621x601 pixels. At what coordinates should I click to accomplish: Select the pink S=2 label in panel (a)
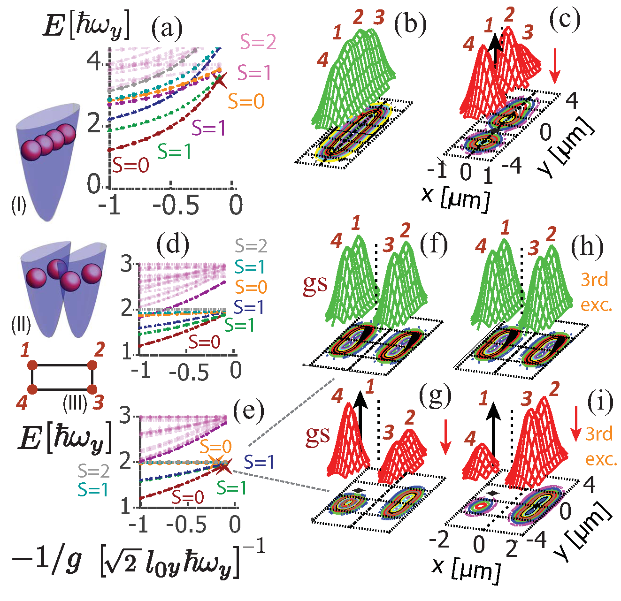pos(258,42)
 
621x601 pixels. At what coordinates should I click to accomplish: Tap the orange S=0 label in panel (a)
pos(246,101)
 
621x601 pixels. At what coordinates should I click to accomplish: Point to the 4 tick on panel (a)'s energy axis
pos(95,61)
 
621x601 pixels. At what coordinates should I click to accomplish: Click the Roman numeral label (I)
pos(19,205)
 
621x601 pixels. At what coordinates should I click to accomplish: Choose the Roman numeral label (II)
pos(21,324)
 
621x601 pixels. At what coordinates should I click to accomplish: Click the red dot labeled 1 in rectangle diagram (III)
pos(32,365)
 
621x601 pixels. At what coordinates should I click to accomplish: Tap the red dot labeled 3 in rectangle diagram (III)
pos(92,389)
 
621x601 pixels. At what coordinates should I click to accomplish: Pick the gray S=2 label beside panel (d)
pos(251,246)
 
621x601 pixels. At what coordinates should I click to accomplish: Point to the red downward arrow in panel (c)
pos(555,66)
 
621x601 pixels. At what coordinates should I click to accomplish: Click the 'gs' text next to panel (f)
pos(315,283)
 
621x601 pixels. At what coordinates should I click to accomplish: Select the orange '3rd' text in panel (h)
pos(595,280)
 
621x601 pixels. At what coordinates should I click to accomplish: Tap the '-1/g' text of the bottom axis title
pos(46,558)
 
